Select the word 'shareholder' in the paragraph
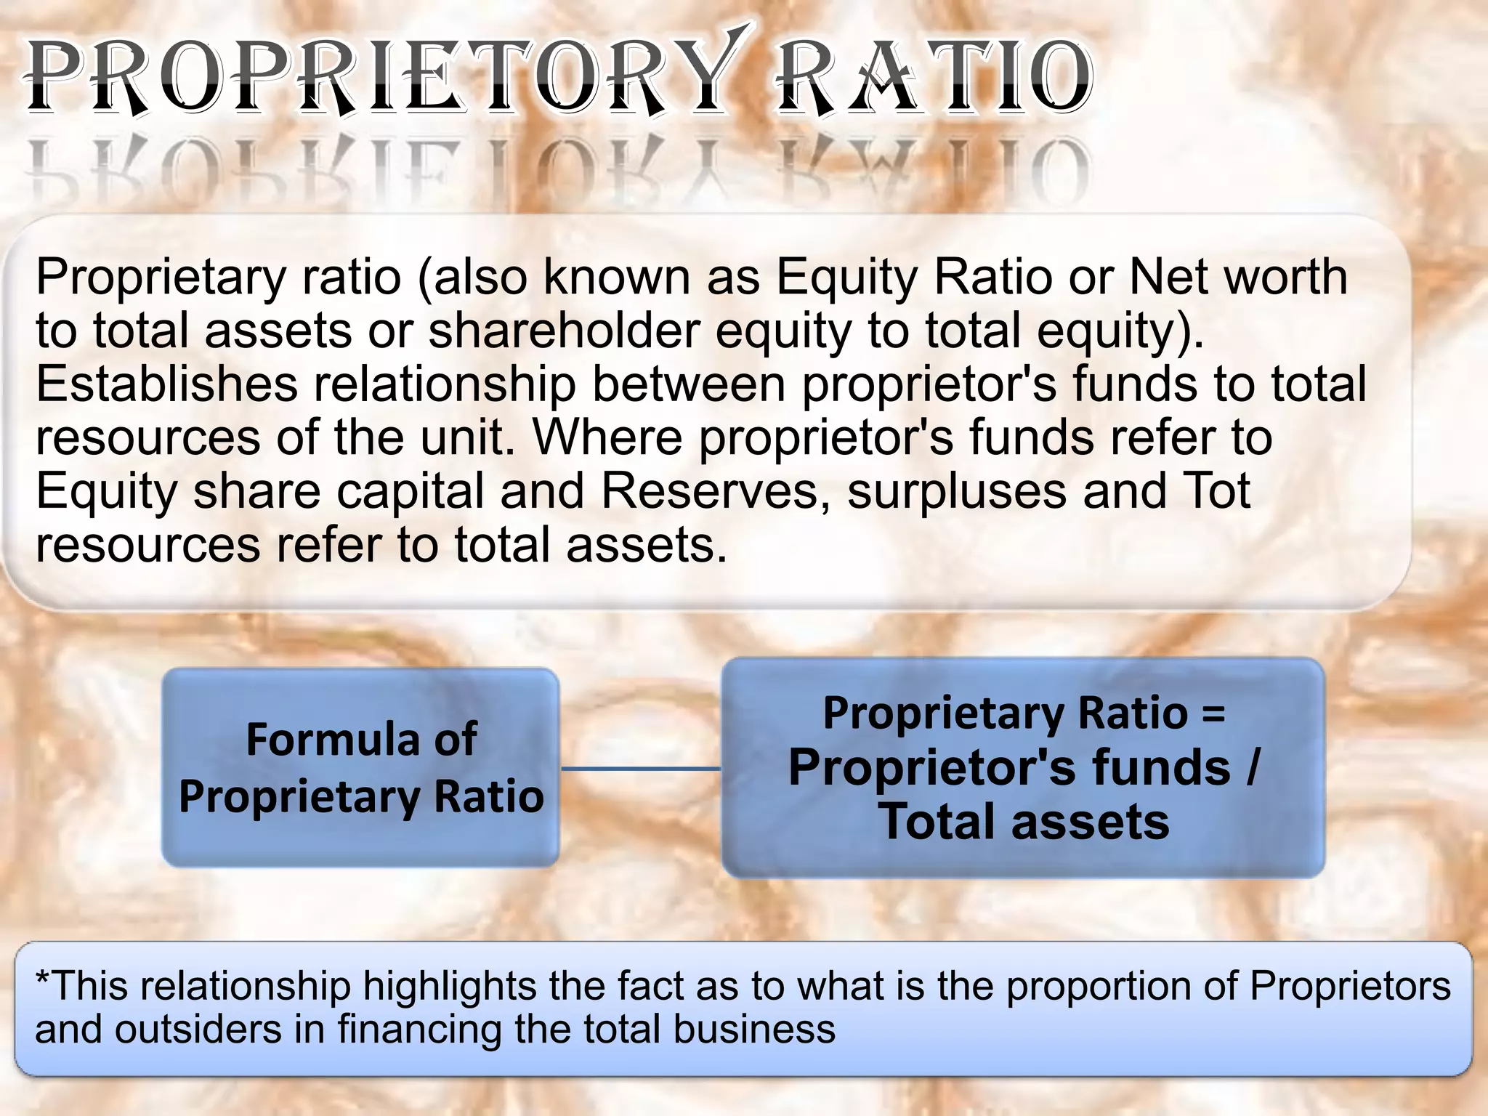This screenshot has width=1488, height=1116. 564,331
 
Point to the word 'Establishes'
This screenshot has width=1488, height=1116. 167,384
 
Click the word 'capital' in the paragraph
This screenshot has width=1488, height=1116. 410,491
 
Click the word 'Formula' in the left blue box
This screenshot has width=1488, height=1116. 333,740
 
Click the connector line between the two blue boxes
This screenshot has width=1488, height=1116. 641,768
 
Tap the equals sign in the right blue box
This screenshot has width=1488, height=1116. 1213,713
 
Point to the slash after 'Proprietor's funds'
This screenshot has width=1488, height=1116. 1251,768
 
